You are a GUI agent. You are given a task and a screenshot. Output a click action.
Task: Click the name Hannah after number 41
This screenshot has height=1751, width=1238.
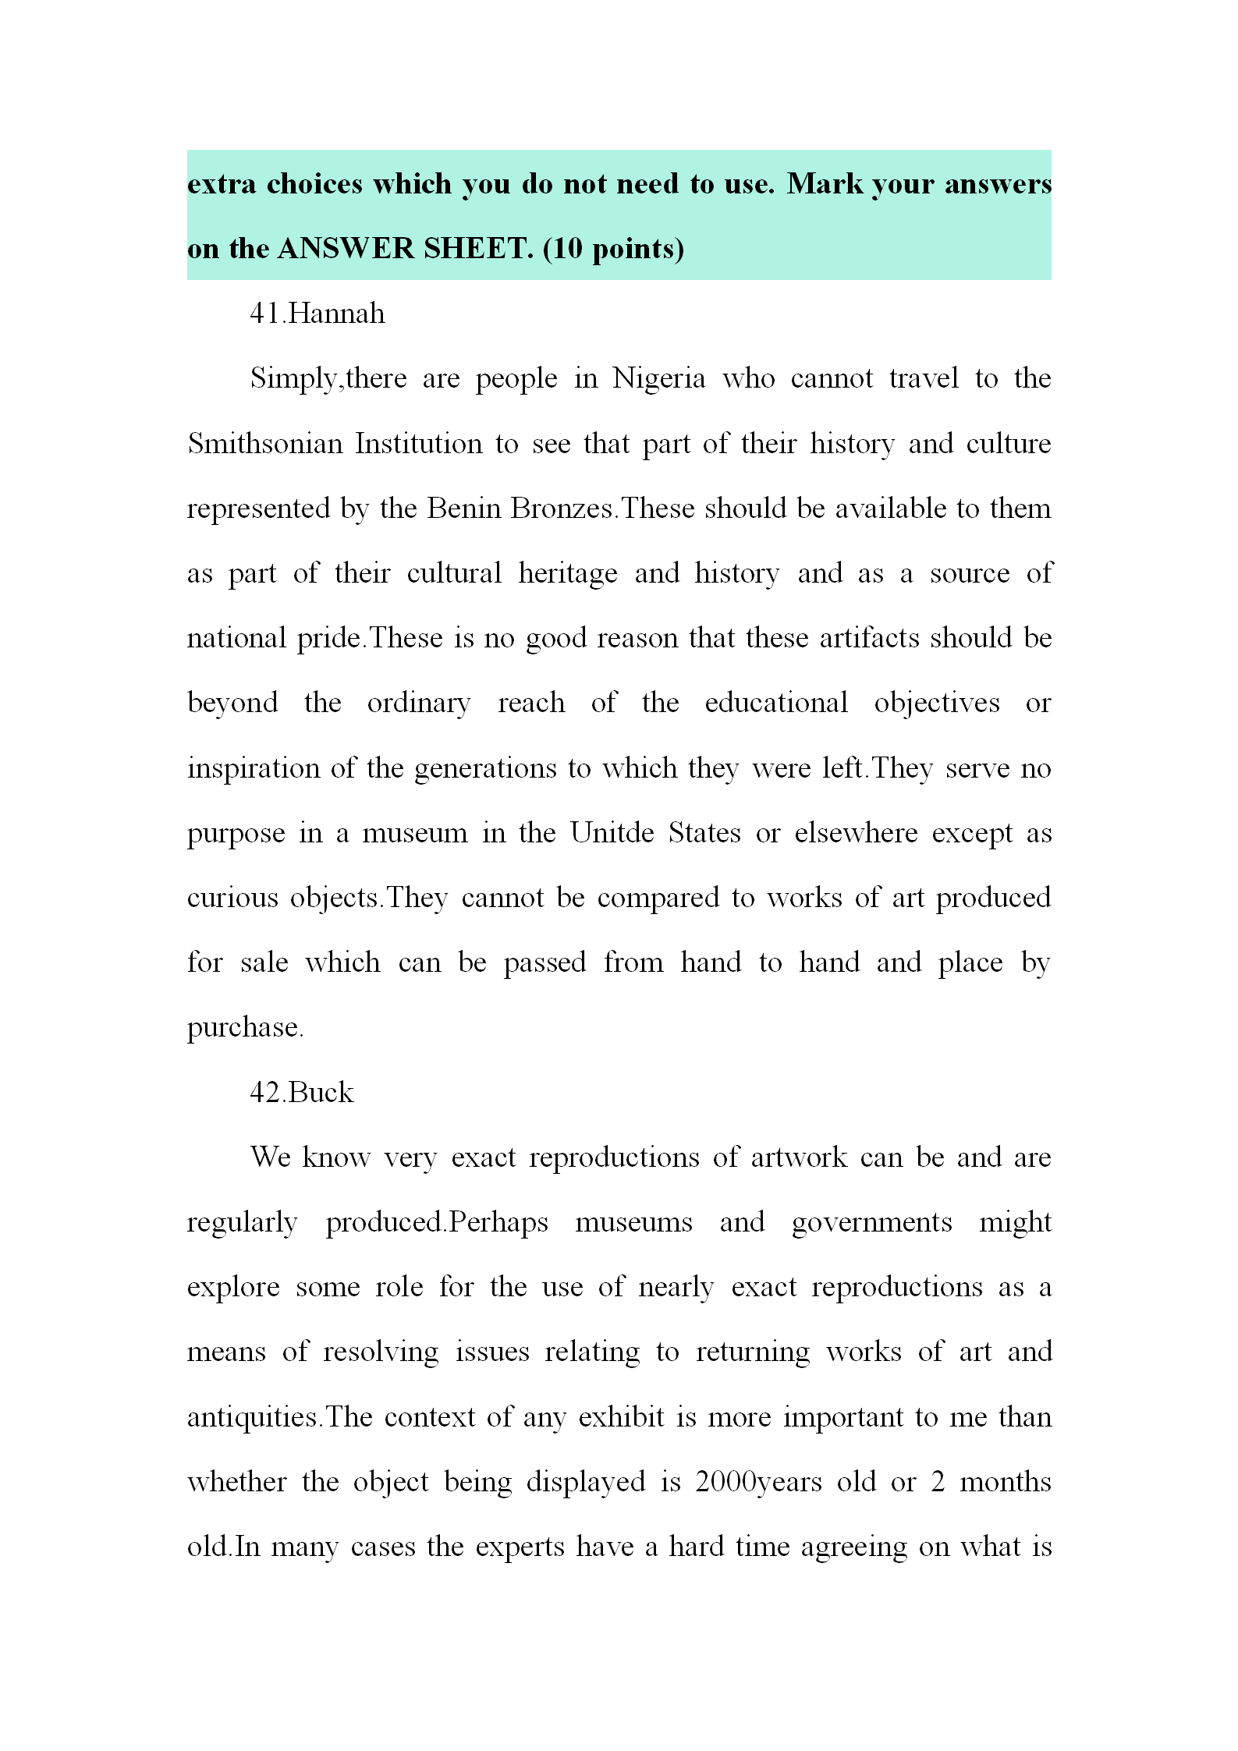336,314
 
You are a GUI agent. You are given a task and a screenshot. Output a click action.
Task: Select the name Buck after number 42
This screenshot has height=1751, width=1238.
321,1093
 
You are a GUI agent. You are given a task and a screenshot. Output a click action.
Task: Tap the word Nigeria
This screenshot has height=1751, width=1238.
658,378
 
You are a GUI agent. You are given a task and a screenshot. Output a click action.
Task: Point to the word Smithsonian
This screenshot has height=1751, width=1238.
265,444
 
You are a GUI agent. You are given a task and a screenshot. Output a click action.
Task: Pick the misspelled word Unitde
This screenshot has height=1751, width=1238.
612,833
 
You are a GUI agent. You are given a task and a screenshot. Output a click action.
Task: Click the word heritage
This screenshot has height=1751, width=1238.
567,573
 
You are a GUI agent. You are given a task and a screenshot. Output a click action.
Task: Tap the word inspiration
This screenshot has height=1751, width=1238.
253,768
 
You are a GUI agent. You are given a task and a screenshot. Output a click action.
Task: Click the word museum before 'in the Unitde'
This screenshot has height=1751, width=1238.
414,833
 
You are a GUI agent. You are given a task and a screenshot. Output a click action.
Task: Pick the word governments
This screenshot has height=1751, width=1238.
871,1222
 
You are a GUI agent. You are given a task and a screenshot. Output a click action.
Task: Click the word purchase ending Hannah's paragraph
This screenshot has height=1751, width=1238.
243,1028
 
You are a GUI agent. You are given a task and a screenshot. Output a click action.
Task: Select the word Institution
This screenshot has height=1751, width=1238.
419,444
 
